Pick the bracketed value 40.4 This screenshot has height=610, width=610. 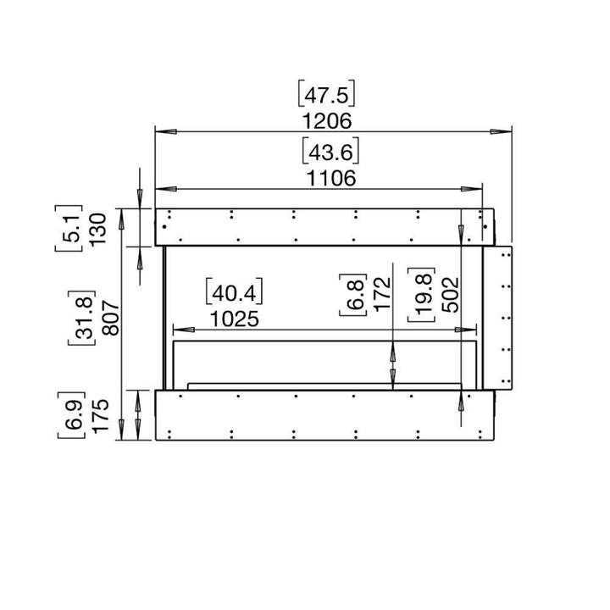(x=234, y=293)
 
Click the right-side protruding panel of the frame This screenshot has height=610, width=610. (x=498, y=318)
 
